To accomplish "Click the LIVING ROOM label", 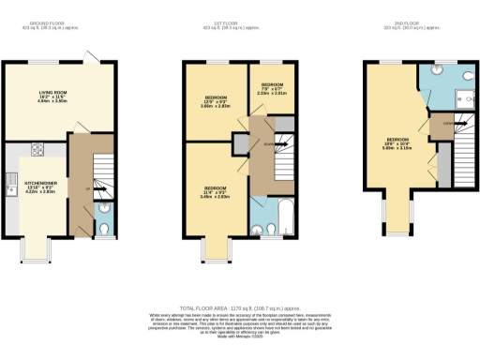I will click(58, 95).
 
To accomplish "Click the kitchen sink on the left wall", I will click(14, 182).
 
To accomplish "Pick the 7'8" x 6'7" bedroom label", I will click(273, 89).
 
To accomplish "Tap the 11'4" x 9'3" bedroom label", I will click(216, 192).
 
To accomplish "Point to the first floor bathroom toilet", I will click(260, 225).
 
